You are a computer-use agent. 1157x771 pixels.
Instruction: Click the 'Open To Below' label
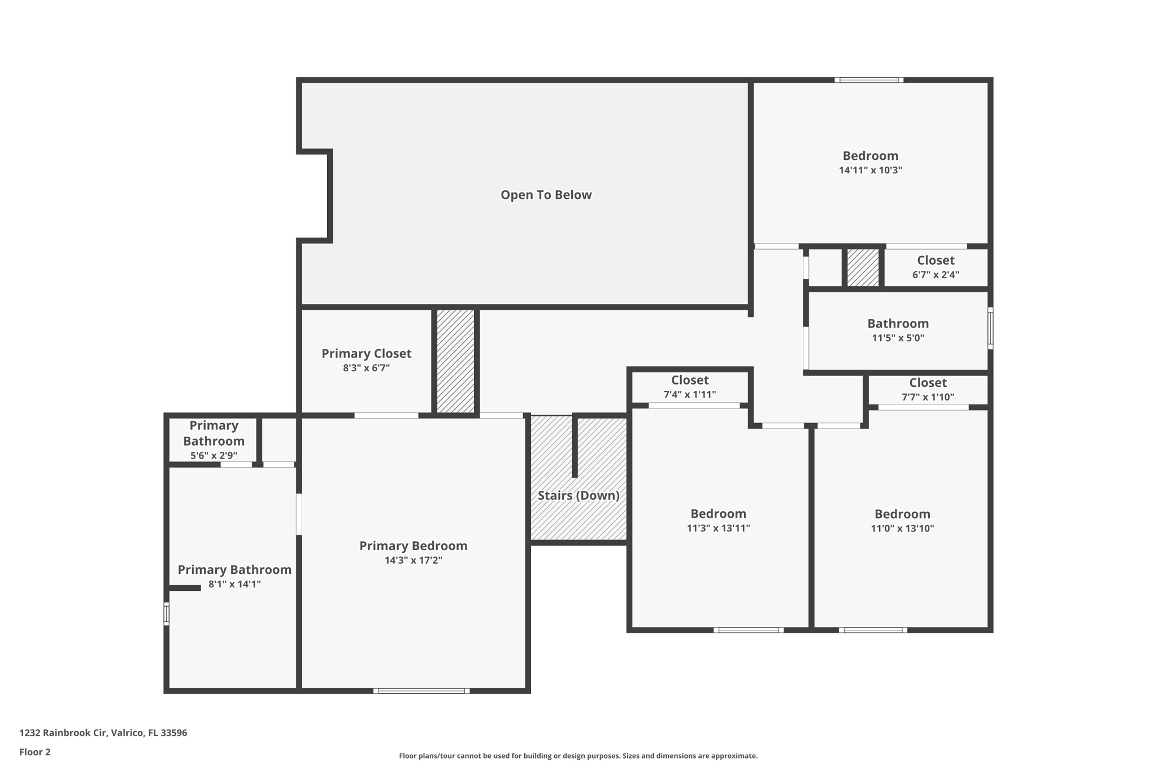click(546, 195)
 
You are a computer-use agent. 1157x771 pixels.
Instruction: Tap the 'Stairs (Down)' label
click(578, 495)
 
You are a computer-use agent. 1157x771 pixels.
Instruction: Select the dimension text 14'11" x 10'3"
click(870, 170)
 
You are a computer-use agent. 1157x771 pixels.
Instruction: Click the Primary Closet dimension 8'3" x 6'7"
click(366, 368)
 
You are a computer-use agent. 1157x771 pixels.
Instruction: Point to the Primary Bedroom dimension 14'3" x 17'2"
click(413, 560)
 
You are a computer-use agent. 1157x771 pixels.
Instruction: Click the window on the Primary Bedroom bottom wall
click(421, 690)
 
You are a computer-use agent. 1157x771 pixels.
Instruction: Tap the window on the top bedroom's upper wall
click(869, 80)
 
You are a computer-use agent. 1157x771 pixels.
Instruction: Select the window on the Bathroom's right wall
click(990, 328)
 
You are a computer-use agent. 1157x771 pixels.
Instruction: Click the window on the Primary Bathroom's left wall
click(167, 614)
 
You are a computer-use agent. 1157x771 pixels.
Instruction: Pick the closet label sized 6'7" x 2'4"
click(936, 260)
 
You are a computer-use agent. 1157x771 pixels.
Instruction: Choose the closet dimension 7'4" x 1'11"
click(690, 395)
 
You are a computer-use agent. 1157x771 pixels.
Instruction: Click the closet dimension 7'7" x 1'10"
click(928, 397)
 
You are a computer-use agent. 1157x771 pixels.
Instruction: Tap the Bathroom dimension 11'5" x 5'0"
click(898, 338)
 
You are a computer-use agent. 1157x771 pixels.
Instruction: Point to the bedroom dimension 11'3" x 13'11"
click(719, 528)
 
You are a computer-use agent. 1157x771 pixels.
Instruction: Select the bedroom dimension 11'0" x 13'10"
click(902, 529)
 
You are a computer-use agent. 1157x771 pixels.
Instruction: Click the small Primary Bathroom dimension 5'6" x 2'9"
click(214, 455)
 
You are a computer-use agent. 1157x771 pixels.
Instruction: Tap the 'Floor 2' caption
click(35, 752)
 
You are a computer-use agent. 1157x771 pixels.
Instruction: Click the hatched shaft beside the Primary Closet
click(455, 361)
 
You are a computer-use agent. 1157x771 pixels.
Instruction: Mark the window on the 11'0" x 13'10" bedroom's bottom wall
click(873, 630)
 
